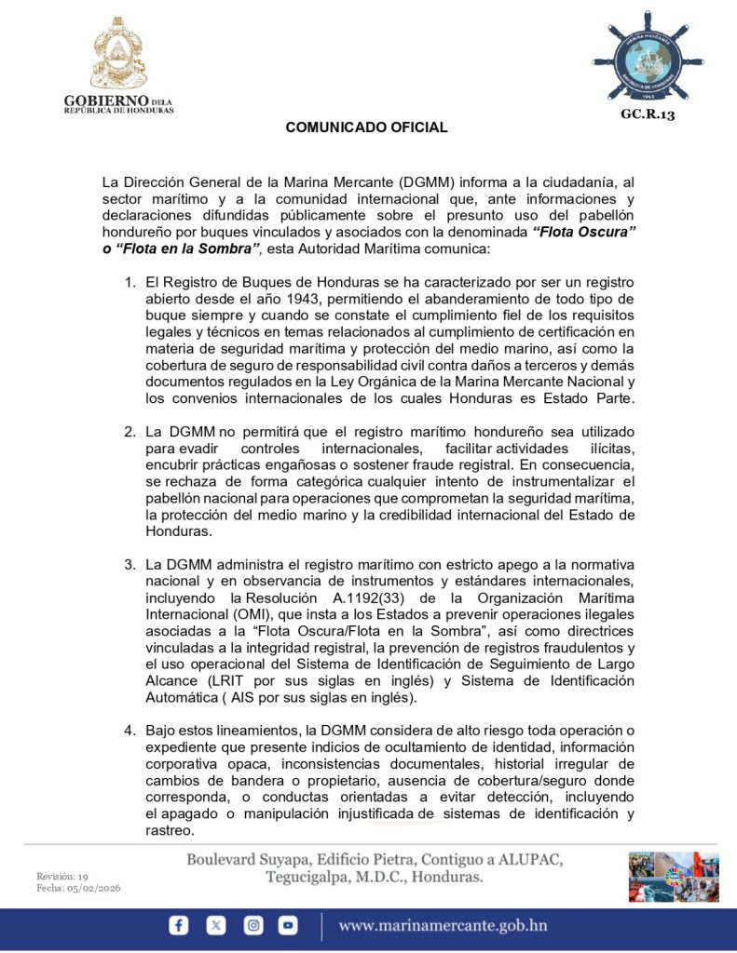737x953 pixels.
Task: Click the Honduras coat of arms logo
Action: click(x=118, y=53)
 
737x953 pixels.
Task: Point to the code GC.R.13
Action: click(x=647, y=114)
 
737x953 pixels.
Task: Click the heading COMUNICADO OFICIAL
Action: click(x=366, y=128)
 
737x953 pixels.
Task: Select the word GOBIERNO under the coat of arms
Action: click(x=106, y=100)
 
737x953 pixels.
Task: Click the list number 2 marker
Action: click(x=130, y=433)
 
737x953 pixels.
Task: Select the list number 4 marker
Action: click(x=130, y=731)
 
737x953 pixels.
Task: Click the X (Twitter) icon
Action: click(x=216, y=925)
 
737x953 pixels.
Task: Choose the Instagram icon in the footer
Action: click(x=252, y=925)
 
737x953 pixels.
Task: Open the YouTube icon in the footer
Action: click(x=288, y=925)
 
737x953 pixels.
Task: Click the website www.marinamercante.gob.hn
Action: click(x=443, y=925)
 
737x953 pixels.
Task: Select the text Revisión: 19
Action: click(x=61, y=876)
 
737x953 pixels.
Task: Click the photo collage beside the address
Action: click(x=673, y=877)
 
